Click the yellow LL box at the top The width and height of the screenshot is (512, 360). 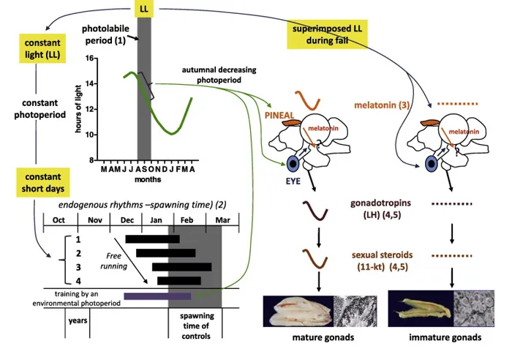(143, 9)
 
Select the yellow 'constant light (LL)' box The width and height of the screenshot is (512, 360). (42, 48)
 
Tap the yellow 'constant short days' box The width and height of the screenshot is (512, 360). (43, 183)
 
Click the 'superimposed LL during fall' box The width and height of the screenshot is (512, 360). (327, 34)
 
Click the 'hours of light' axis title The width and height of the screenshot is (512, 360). (78, 109)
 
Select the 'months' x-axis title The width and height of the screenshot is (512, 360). (148, 179)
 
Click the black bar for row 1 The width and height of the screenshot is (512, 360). (152, 239)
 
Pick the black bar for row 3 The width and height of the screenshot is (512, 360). (182, 267)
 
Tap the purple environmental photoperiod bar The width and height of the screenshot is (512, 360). (157, 296)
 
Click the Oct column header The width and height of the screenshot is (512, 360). (59, 220)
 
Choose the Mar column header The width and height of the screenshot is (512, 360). (222, 220)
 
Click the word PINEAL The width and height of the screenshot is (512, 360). (279, 116)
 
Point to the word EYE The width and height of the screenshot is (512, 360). (293, 181)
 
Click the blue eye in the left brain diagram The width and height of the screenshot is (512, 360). (293, 164)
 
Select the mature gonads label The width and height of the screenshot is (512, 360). (323, 337)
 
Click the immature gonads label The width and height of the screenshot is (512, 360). (445, 337)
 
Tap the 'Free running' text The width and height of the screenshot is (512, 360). (113, 261)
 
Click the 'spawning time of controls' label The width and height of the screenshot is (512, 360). (196, 326)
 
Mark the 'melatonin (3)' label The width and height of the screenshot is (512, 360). (382, 105)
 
